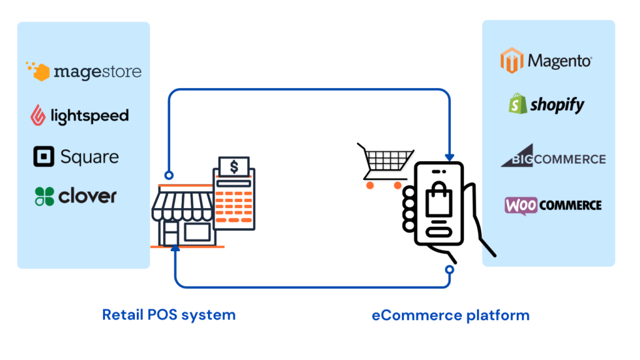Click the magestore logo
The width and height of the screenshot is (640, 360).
click(84, 71)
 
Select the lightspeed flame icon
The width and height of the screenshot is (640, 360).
click(39, 115)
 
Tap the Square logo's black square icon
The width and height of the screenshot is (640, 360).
click(44, 156)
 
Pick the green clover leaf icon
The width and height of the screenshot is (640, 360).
click(44, 196)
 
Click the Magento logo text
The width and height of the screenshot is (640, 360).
click(559, 61)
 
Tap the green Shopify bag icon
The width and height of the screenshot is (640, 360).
click(517, 104)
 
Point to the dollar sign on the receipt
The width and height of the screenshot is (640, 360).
click(234, 167)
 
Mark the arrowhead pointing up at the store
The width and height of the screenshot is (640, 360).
click(176, 249)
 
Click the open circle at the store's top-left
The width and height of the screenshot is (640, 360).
click(167, 175)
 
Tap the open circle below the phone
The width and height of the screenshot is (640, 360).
click(449, 269)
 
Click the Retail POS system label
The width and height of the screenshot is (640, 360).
click(169, 314)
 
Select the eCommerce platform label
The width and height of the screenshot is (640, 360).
click(450, 315)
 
